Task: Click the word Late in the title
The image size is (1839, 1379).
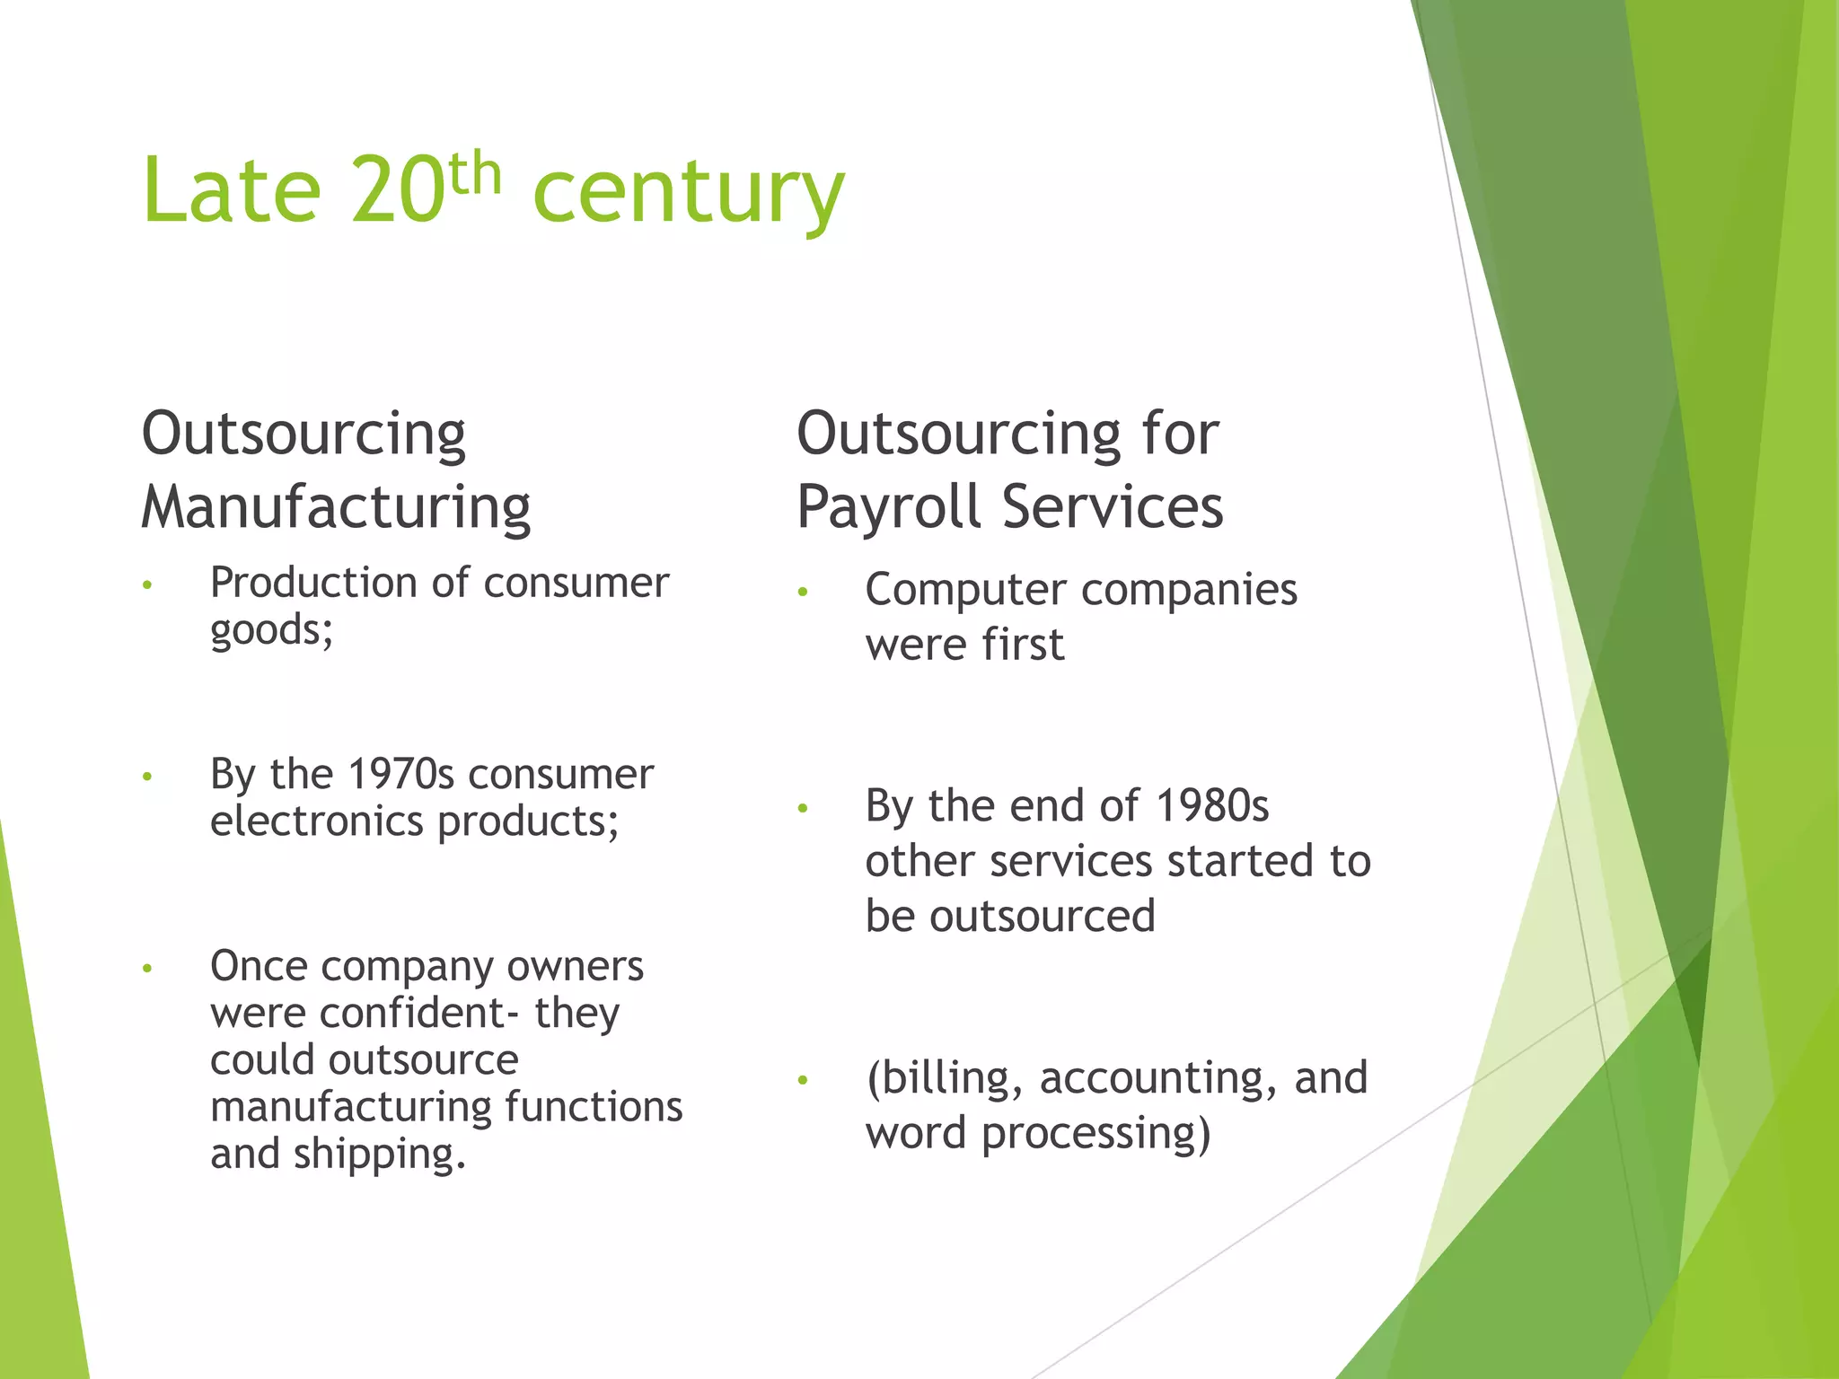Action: [x=231, y=190]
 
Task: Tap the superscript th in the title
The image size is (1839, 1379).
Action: [x=473, y=172]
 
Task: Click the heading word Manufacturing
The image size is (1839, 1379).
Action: [x=336, y=508]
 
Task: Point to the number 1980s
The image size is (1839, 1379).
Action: [x=1211, y=805]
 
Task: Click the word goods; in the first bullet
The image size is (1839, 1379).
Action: [x=271, y=630]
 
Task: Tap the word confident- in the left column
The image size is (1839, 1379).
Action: [x=418, y=1013]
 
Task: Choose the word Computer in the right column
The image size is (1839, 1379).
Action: [x=965, y=591]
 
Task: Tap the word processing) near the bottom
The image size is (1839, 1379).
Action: [x=1095, y=1133]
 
